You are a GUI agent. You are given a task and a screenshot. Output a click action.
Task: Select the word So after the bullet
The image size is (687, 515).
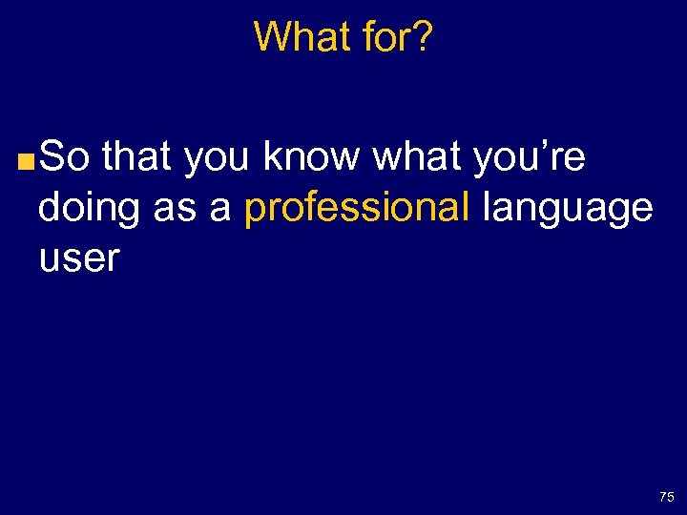65,157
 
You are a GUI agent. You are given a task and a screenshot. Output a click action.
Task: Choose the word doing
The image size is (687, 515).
91,209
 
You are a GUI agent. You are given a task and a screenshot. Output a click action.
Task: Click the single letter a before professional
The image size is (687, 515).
220,210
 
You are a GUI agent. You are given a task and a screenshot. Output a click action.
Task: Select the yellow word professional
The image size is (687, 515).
357,209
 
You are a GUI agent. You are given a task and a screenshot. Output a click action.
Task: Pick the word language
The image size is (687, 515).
568,209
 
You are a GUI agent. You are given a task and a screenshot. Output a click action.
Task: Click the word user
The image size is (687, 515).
79,258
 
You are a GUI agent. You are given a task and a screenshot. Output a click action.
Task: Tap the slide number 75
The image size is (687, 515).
666,497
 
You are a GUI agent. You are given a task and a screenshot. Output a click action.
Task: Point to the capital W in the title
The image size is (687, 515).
273,38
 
